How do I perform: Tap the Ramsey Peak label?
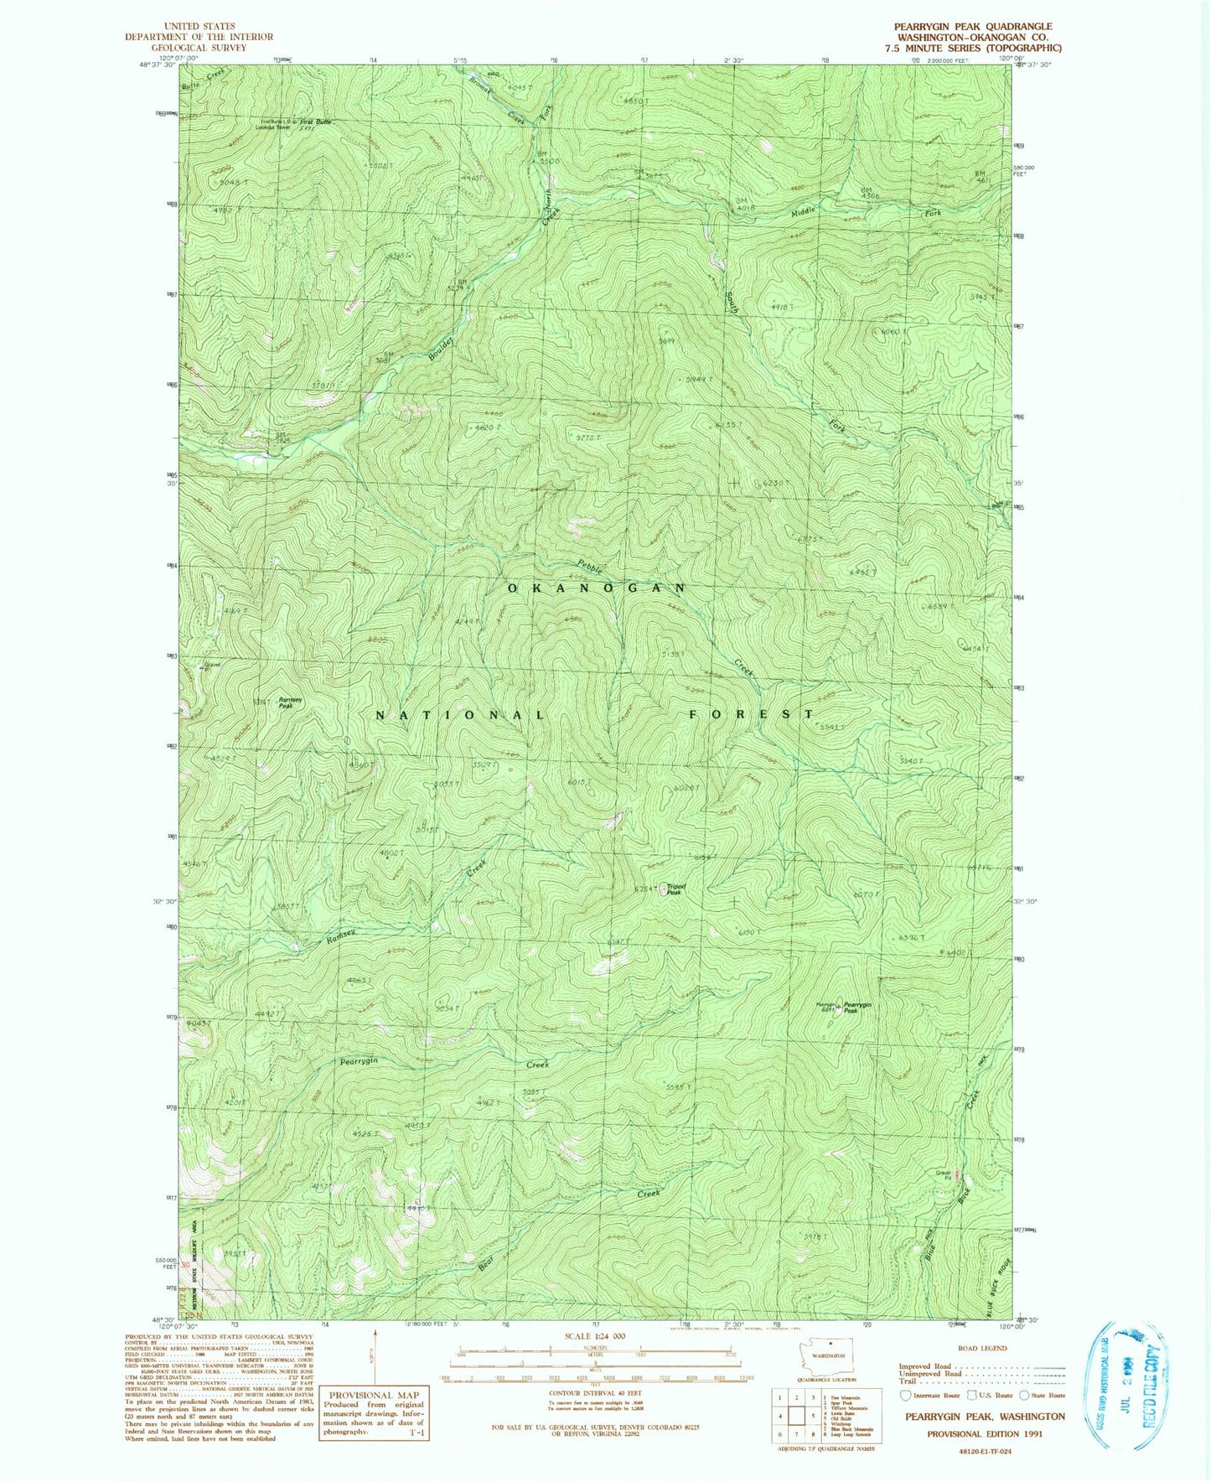point(291,702)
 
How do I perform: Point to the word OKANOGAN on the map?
point(597,588)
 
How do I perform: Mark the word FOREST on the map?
point(751,714)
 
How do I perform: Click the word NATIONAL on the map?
point(460,715)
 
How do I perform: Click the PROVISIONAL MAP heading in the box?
point(374,1395)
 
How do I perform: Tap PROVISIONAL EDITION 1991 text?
point(983,1433)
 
